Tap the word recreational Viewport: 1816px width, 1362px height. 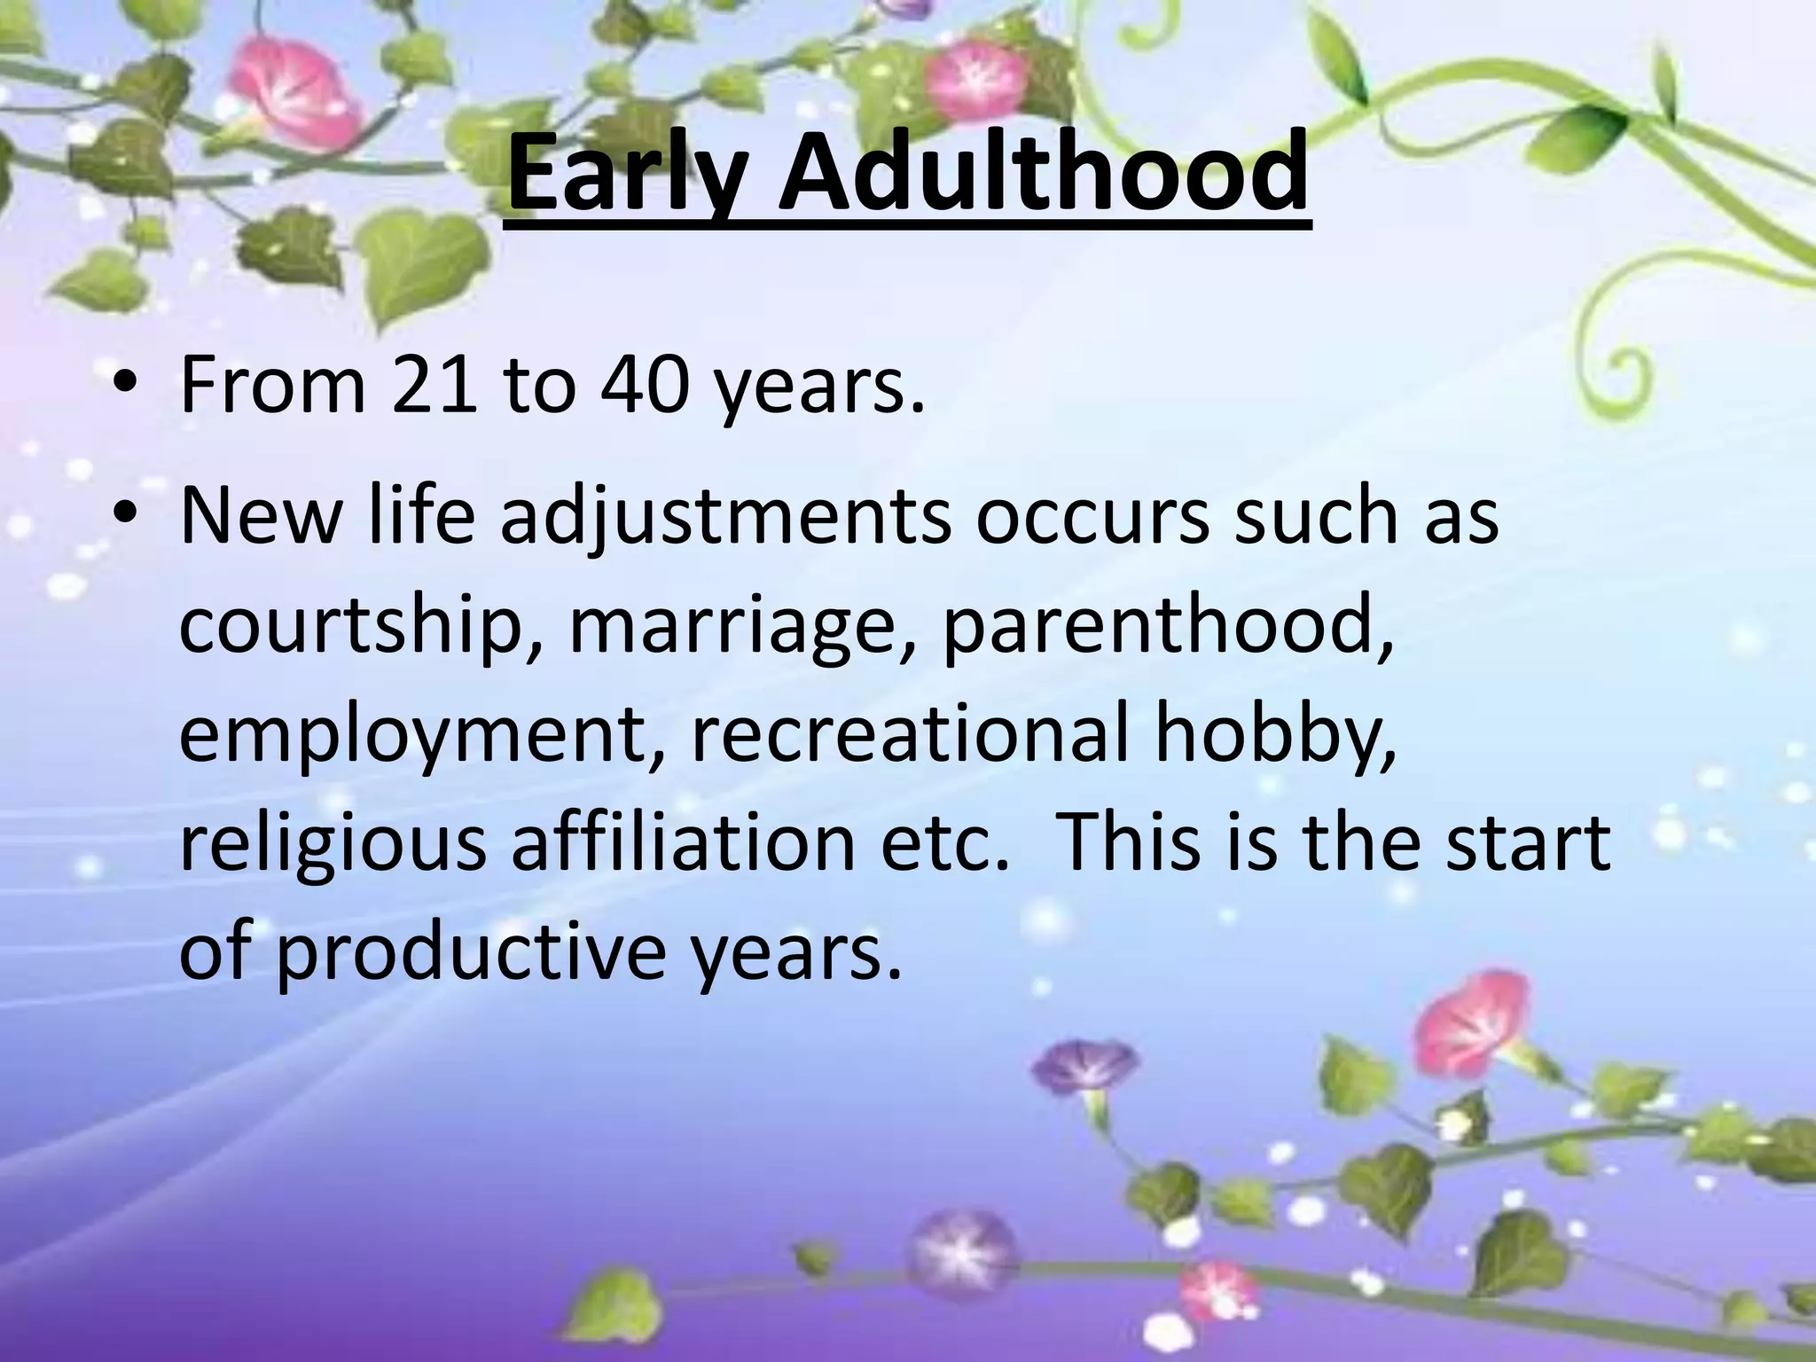tap(909, 733)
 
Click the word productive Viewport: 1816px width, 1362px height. tap(470, 953)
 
